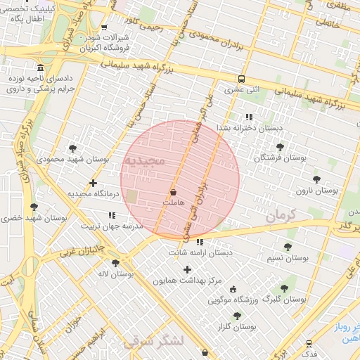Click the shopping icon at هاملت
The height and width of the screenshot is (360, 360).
click(x=173, y=191)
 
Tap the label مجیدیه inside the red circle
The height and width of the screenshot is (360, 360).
click(x=144, y=162)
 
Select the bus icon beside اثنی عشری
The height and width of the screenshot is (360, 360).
click(x=241, y=79)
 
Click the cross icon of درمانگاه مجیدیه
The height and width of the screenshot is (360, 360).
click(x=92, y=183)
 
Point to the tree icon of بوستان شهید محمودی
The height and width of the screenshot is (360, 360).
click(x=72, y=148)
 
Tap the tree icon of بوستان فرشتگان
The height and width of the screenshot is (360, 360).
click(x=281, y=147)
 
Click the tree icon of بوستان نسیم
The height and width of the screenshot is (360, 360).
click(x=288, y=247)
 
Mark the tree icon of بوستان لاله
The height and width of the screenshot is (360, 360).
click(x=115, y=263)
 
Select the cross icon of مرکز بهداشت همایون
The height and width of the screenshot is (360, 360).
click(x=187, y=269)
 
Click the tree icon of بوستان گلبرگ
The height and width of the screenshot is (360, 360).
click(x=284, y=288)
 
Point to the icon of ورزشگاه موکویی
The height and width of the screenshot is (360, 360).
click(x=233, y=289)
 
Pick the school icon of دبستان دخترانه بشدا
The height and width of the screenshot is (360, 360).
click(x=248, y=117)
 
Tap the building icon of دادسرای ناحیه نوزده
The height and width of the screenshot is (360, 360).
click(x=39, y=68)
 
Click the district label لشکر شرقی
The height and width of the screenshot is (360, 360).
click(x=153, y=342)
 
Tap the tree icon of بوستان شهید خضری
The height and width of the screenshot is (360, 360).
click(x=34, y=207)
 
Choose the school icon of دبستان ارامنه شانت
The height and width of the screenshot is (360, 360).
click(x=200, y=242)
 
